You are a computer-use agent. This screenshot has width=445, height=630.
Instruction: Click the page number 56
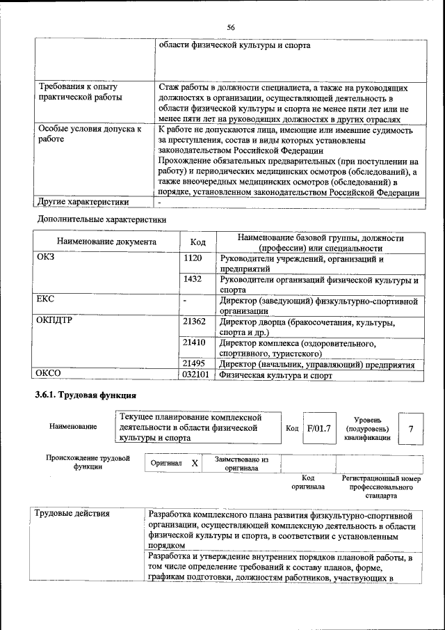coord(231,26)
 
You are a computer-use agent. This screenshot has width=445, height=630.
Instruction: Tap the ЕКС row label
coord(46,299)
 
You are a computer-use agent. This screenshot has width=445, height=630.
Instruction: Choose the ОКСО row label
coord(49,375)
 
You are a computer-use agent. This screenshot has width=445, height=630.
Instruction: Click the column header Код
coord(197,242)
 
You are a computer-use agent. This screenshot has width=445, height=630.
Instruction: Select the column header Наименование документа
coord(106,242)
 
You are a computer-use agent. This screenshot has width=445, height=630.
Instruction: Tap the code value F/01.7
coord(319,429)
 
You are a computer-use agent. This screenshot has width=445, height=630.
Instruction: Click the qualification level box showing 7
coord(411,429)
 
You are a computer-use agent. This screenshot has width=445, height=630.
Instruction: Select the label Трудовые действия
coord(72,514)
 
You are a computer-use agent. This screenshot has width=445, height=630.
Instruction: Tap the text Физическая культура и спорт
coord(275,375)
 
